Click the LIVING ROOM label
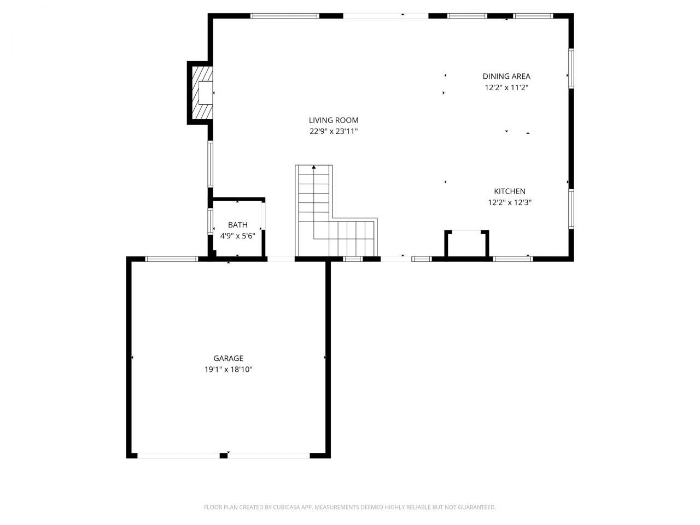pos(334,120)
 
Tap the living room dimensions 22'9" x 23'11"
pos(334,131)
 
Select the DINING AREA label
pos(506,77)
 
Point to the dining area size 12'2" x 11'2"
pos(506,87)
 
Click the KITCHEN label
pos(510,191)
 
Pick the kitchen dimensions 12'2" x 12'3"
pos(510,202)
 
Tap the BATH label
pos(237,225)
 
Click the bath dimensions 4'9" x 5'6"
pos(237,236)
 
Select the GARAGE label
pos(228,358)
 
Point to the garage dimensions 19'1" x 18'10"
pos(228,370)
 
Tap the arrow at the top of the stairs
pos(314,167)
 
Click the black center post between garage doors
pos(223,455)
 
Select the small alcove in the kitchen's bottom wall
pos(466,243)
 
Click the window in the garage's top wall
pos(171,259)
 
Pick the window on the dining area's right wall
pos(570,68)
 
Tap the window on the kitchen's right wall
pos(570,209)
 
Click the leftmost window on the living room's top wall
pos(284,16)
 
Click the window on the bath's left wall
pos(211,221)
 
